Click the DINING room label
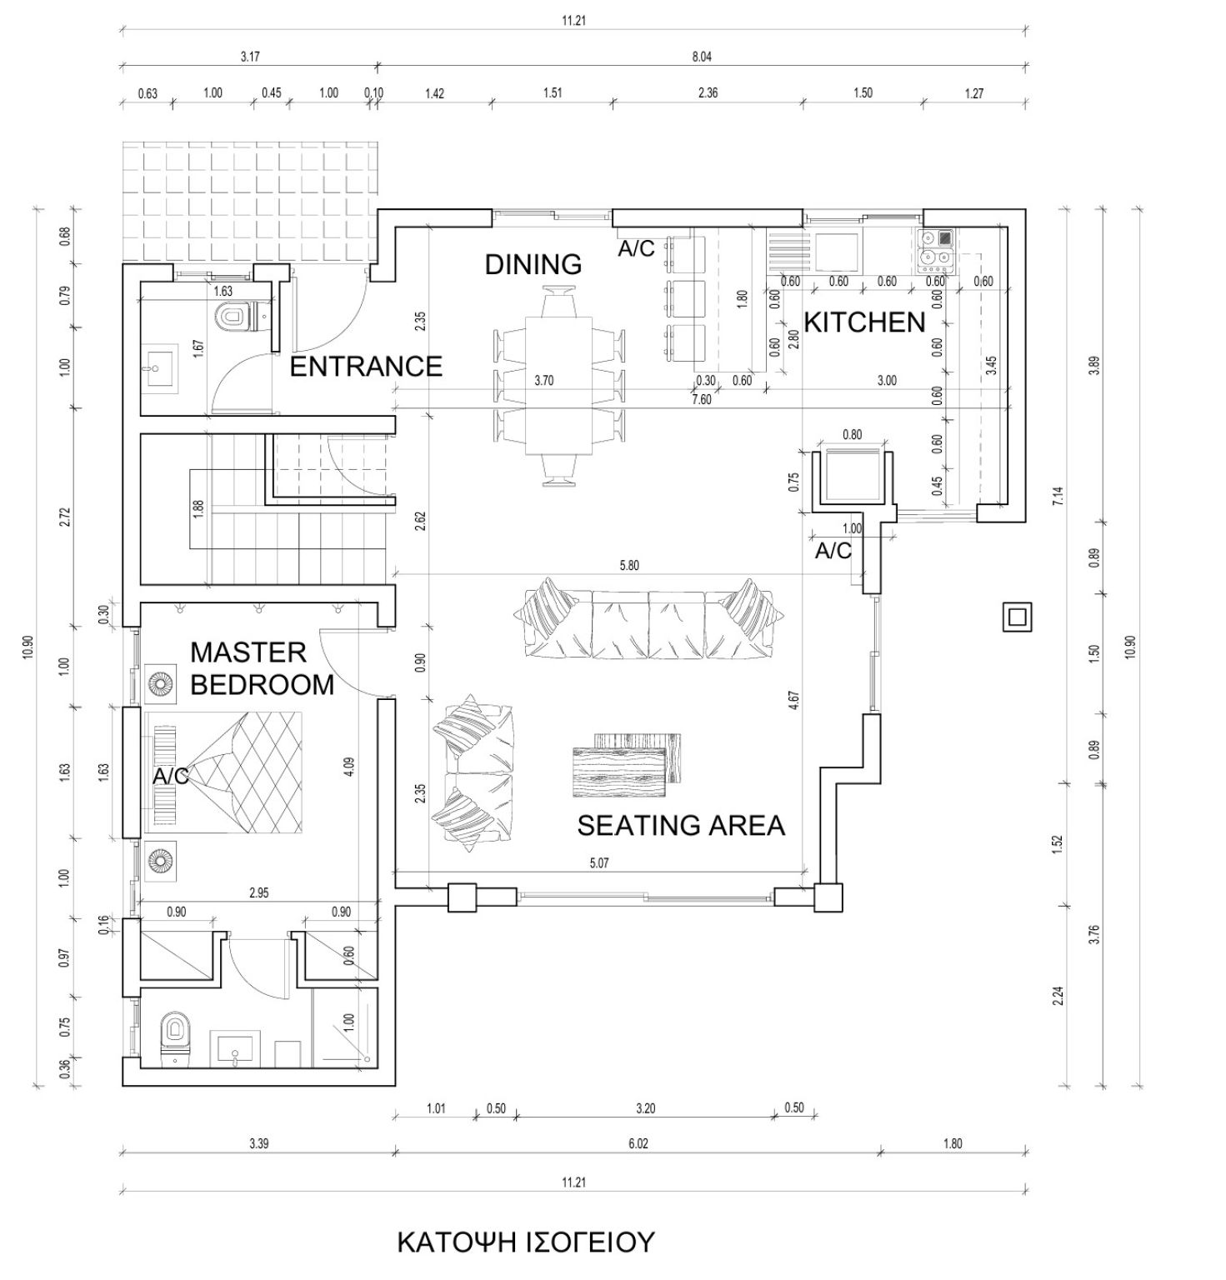coord(533,264)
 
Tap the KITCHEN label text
coord(864,322)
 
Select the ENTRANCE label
coord(366,366)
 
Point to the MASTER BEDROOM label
coord(263,667)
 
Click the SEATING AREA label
coord(681,825)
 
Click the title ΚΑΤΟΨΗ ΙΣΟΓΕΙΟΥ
coord(526,1242)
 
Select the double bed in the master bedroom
coord(223,772)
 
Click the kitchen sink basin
coord(837,252)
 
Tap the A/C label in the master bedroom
coord(170,777)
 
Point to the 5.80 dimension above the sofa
coord(629,565)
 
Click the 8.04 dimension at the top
coord(702,57)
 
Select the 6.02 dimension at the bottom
coord(638,1143)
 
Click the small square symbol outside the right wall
coord(1018,617)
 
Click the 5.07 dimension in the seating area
coord(598,862)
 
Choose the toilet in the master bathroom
coord(175,1037)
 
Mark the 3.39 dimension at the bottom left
coord(258,1143)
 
